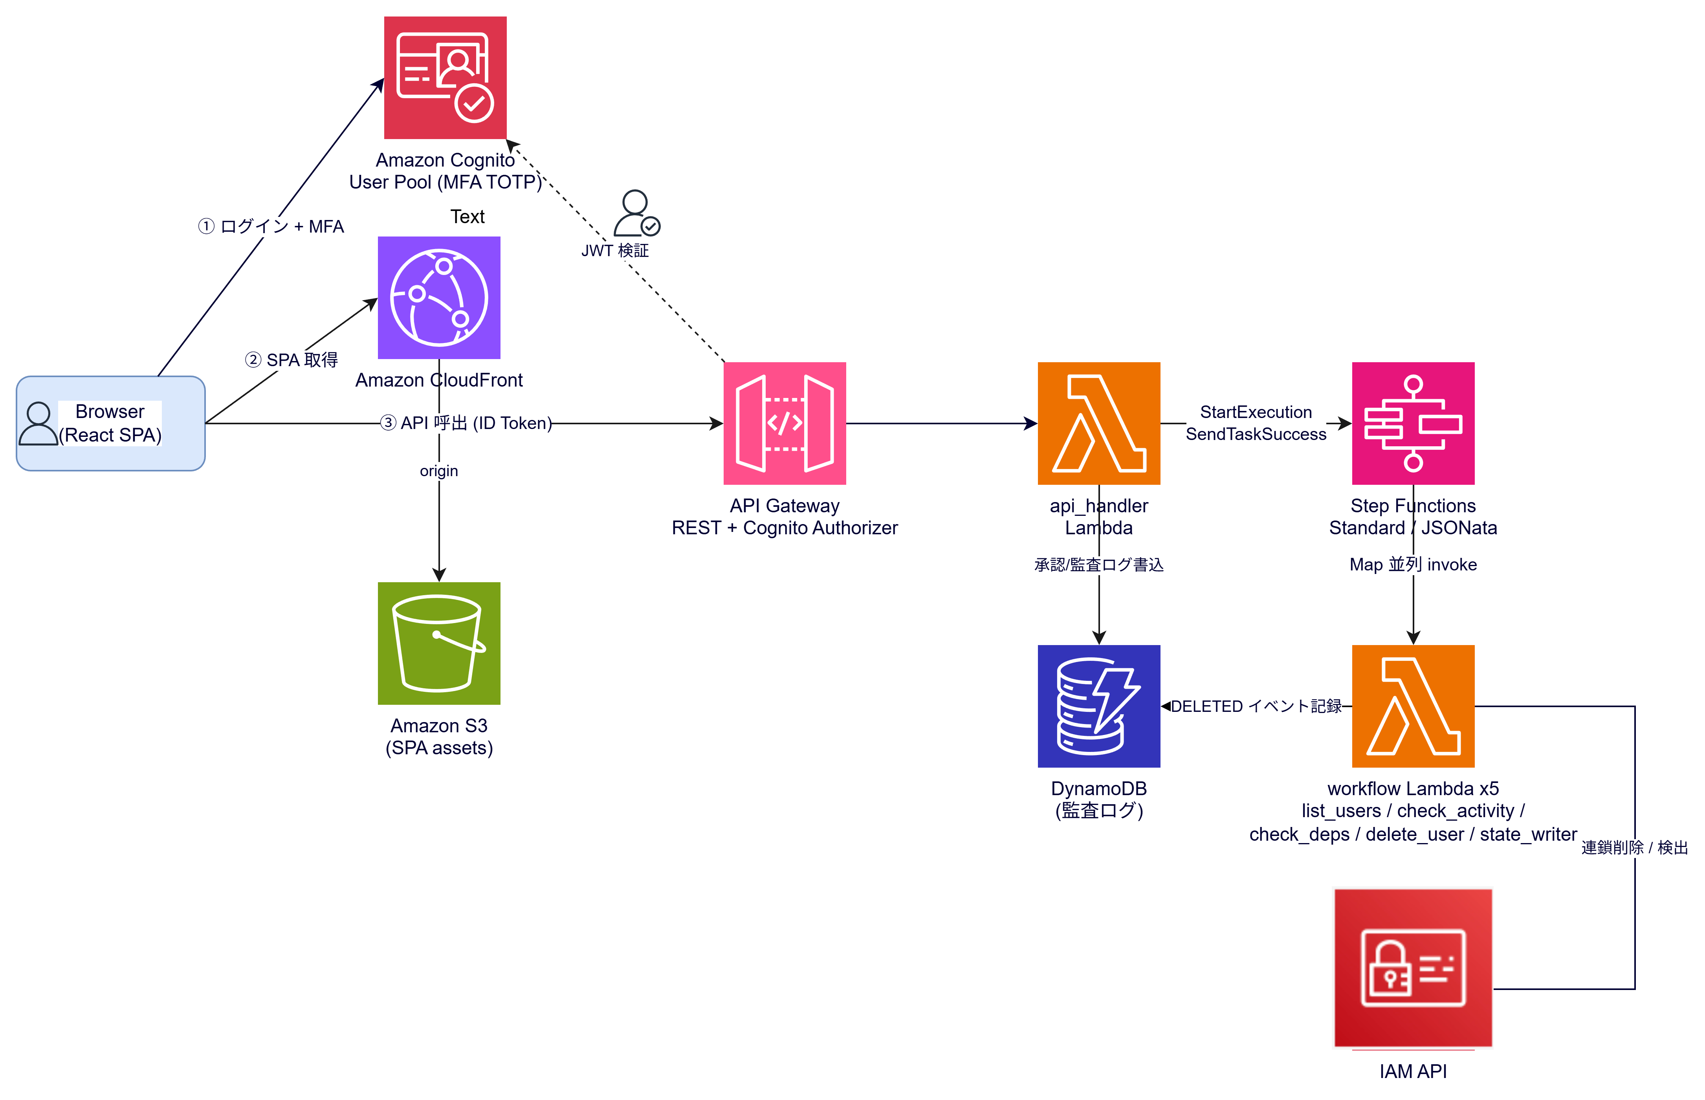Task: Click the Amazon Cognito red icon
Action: (445, 78)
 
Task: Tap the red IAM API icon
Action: (1413, 968)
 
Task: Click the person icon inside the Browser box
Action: (38, 423)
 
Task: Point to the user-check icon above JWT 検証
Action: (636, 213)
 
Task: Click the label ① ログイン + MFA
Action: (271, 226)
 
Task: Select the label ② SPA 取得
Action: (291, 360)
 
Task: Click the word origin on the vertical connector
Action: (438, 471)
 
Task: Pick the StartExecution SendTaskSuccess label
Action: (1256, 423)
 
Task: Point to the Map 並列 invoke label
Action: (1413, 564)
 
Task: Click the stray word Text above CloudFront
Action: (467, 216)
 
